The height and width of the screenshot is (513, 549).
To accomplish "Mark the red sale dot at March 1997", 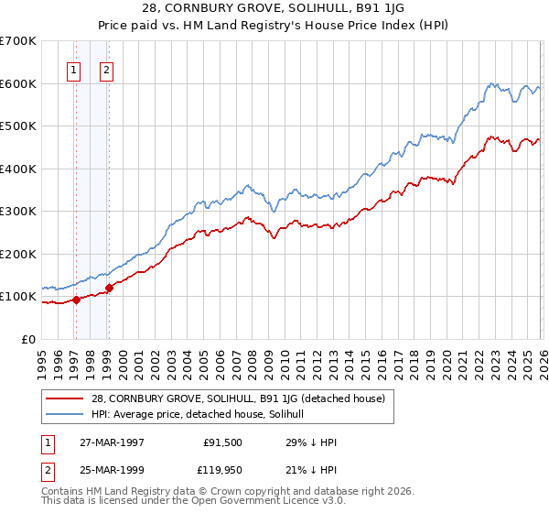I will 77,299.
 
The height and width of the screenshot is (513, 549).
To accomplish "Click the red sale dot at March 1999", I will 109,288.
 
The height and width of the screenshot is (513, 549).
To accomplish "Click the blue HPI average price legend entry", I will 201,414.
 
